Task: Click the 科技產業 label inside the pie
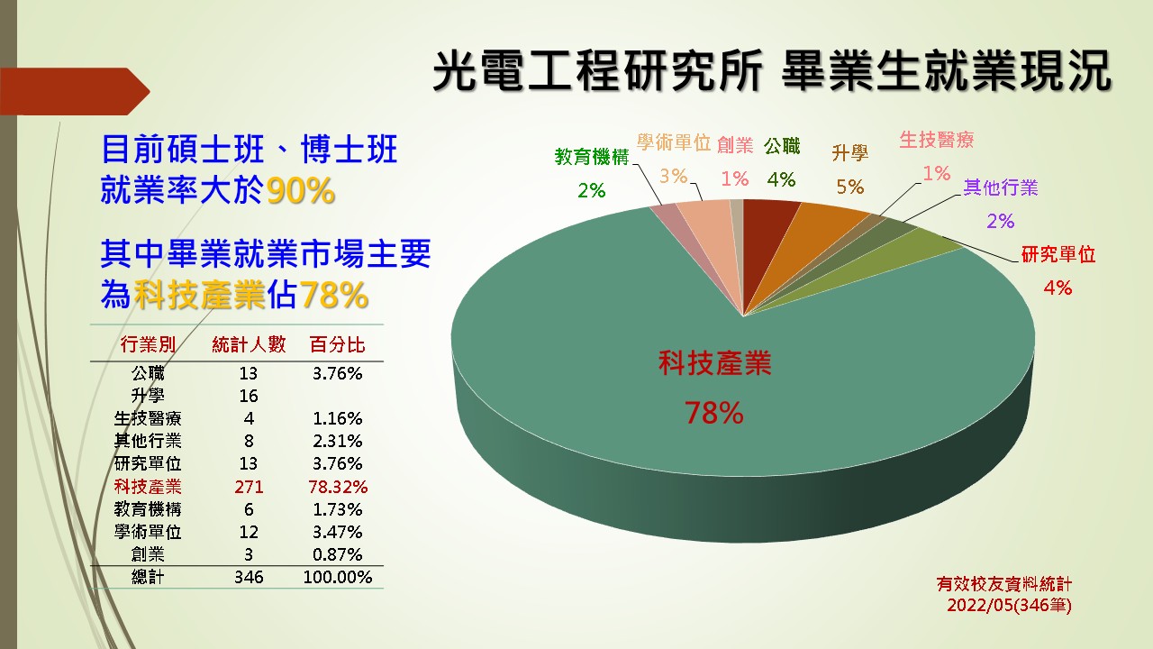(x=714, y=362)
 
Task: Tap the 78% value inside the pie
(x=714, y=413)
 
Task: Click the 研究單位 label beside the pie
(x=1058, y=254)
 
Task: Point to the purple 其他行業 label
(x=1001, y=187)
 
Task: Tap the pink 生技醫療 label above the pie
(x=936, y=140)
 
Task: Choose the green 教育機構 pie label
(x=592, y=157)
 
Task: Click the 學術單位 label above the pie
(x=673, y=142)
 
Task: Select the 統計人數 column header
(x=249, y=344)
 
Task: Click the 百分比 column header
(x=337, y=344)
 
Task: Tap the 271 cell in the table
(x=249, y=487)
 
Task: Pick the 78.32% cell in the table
(x=338, y=487)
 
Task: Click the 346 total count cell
(x=249, y=577)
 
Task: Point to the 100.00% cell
(x=338, y=577)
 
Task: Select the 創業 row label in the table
(x=148, y=554)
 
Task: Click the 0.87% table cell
(x=338, y=554)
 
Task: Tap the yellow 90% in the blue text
(x=301, y=190)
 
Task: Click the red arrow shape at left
(x=75, y=91)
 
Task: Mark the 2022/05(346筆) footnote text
(x=1010, y=605)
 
